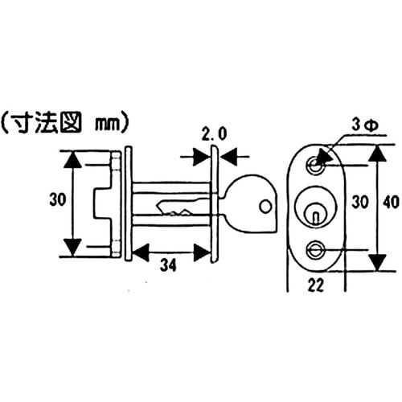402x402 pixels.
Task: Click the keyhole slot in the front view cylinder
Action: coord(314,212)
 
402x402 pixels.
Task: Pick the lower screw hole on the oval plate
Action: coord(315,249)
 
